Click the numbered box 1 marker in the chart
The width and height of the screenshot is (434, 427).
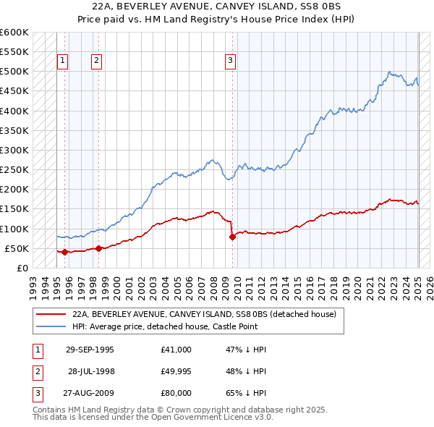point(64,62)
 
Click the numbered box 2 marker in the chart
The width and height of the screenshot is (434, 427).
point(96,62)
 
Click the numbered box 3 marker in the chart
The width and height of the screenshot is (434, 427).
point(230,62)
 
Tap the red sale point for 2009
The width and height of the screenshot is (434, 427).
point(232,237)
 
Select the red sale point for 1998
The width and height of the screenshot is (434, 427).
point(98,248)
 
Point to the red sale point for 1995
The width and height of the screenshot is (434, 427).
point(64,252)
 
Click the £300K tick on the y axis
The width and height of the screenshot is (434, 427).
point(14,151)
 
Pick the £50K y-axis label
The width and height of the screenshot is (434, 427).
point(17,248)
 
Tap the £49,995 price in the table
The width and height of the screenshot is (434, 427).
point(176,371)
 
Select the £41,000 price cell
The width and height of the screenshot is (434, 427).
point(176,350)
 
